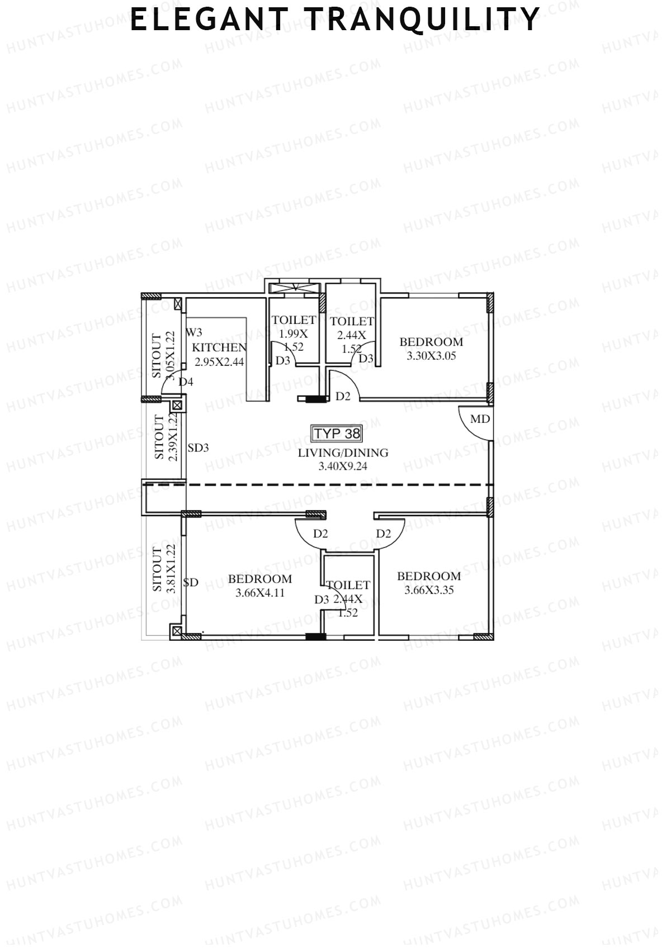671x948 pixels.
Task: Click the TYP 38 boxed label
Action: [x=337, y=433]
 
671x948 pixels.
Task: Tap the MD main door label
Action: [x=480, y=419]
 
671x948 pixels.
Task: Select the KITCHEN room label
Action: [x=219, y=347]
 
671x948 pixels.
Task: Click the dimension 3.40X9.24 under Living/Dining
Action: [x=343, y=466]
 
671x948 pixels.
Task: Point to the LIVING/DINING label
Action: [x=343, y=452]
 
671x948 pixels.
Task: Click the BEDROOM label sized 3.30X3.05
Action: [x=431, y=342]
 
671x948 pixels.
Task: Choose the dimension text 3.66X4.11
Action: [x=260, y=593]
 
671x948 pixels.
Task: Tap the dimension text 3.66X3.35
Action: [x=429, y=590]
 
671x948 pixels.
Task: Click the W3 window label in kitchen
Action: [x=194, y=332]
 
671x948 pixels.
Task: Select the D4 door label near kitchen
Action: [x=186, y=382]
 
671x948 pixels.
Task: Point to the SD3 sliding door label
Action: [x=198, y=447]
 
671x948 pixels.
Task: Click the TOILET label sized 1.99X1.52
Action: [x=294, y=320]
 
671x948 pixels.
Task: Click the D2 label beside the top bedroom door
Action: [x=343, y=396]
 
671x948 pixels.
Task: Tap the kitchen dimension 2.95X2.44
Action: [x=219, y=361]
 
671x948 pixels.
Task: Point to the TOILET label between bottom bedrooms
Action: [x=348, y=585]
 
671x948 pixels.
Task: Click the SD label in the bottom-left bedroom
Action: [x=191, y=583]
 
